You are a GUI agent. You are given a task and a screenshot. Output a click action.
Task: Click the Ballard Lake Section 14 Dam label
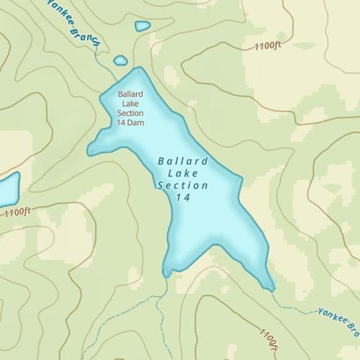[x=130, y=108]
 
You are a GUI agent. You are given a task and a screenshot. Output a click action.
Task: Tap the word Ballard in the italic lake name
[x=183, y=161]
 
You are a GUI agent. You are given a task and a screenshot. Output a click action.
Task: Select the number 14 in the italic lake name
[x=183, y=197]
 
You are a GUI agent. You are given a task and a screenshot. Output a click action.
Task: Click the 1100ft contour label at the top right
[x=267, y=46]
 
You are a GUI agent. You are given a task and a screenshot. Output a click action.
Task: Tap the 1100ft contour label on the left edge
[x=17, y=212]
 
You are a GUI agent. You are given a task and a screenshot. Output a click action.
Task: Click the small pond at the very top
[x=143, y=26]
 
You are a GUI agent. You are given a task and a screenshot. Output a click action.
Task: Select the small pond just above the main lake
[x=120, y=60]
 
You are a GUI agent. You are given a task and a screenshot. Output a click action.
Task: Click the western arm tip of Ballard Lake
[x=91, y=150]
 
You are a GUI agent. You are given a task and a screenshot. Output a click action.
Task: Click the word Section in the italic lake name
[x=183, y=185]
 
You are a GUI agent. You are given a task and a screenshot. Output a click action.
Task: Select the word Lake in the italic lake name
[x=183, y=173]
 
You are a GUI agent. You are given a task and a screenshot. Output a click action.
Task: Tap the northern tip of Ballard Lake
[x=138, y=70]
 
